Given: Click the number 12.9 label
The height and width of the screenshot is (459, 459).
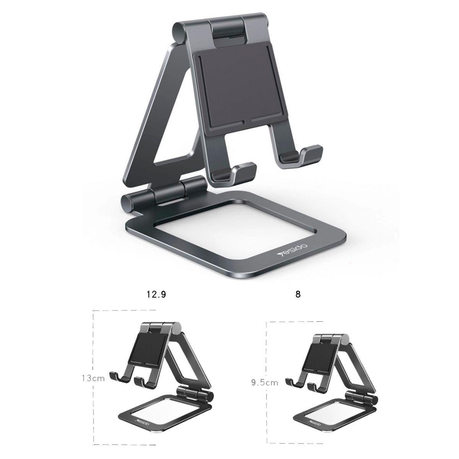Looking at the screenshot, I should pyautogui.click(x=157, y=295).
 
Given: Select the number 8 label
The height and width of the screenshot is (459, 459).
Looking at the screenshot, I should pyautogui.click(x=298, y=295).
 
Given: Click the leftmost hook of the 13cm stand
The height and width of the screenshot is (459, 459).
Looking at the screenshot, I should pyautogui.click(x=116, y=377).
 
